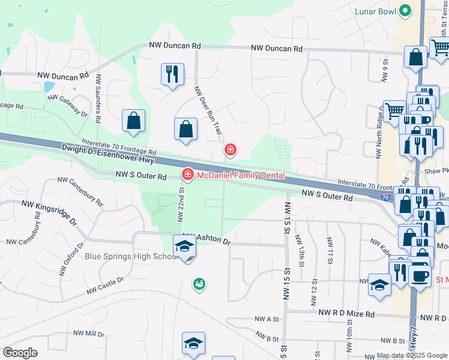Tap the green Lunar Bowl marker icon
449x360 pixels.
[405, 10]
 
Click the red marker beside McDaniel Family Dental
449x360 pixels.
[187, 175]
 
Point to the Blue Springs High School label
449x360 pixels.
[131, 256]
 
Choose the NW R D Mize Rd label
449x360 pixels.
[347, 314]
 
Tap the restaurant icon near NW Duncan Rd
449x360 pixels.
[172, 74]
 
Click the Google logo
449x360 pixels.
[20, 353]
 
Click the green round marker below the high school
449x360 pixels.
[198, 284]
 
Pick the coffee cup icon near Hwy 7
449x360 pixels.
[420, 275]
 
